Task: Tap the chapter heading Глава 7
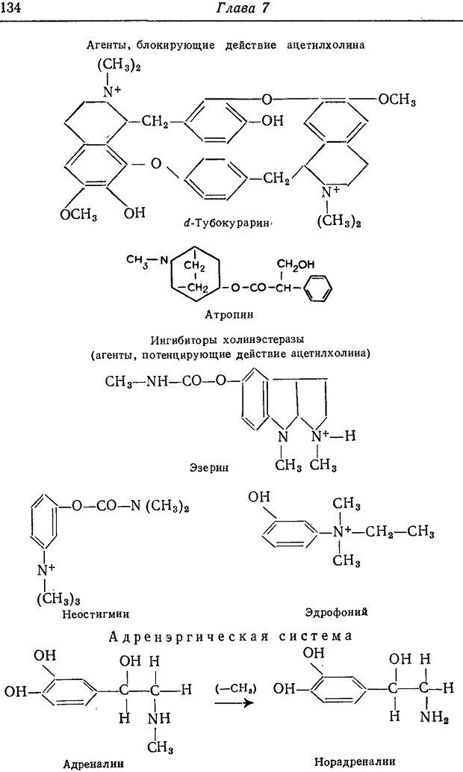[233, 8]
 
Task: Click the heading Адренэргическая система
[230, 637]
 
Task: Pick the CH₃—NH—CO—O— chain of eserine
[166, 381]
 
